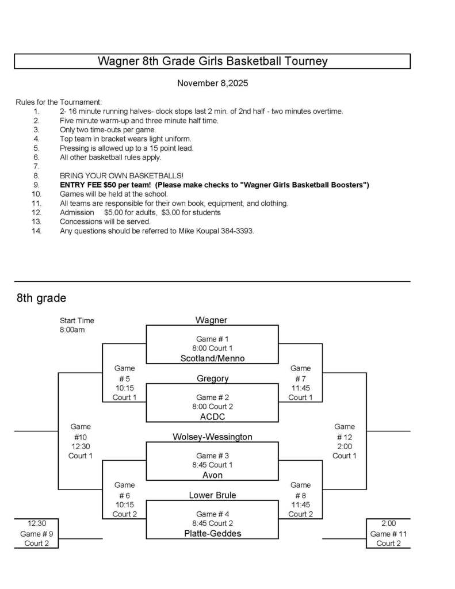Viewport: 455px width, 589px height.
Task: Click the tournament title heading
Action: [212, 61]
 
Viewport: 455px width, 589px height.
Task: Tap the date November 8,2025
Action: [212, 83]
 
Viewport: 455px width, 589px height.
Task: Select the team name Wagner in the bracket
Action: [211, 320]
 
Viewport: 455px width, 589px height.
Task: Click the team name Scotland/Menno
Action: [212, 358]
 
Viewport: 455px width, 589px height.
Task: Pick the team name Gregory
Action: [212, 378]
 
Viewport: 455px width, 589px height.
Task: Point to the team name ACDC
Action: [212, 416]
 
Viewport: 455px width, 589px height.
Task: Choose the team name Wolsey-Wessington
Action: [212, 437]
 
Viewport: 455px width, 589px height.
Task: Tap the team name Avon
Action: [212, 475]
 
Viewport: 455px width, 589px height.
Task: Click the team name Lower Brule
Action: [212, 495]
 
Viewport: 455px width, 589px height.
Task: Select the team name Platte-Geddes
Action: [212, 533]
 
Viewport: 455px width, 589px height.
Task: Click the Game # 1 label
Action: [212, 339]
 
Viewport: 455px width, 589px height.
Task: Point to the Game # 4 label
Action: [212, 514]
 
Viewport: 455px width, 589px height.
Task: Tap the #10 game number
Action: [80, 437]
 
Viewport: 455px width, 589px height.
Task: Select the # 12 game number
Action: [345, 437]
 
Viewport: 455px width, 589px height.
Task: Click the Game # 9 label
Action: [36, 534]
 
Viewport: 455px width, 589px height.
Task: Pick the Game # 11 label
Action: [388, 534]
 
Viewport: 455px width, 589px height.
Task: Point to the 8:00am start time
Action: [72, 330]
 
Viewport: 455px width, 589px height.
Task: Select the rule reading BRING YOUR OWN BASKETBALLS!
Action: [121, 175]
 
